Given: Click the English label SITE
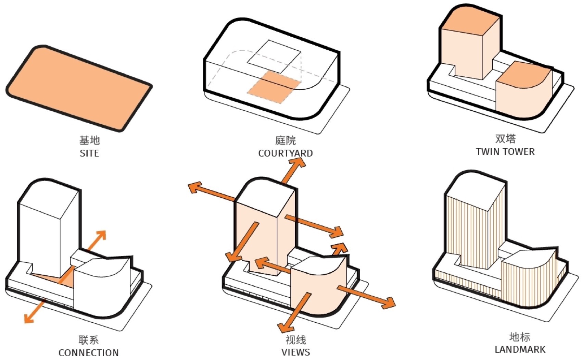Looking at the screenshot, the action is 89,153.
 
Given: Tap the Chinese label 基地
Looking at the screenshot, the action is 89,140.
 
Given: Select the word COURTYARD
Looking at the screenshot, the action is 285,153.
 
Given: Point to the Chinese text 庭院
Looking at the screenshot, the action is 285,140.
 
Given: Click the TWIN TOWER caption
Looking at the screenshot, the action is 505,151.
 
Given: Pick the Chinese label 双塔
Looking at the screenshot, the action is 505,138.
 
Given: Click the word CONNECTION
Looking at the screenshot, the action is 89,353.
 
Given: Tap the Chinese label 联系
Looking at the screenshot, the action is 89,340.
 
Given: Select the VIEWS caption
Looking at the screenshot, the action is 296,352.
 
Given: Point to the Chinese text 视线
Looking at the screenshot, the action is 296,340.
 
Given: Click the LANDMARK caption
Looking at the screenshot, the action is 520,350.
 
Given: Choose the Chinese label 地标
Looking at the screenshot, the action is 520,337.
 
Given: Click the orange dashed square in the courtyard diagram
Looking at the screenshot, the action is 274,87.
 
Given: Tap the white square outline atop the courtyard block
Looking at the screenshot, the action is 274,57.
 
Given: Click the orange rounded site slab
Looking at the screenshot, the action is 79,88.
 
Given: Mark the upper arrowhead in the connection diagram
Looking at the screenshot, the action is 101,235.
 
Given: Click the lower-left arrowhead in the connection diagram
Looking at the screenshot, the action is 29,318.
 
